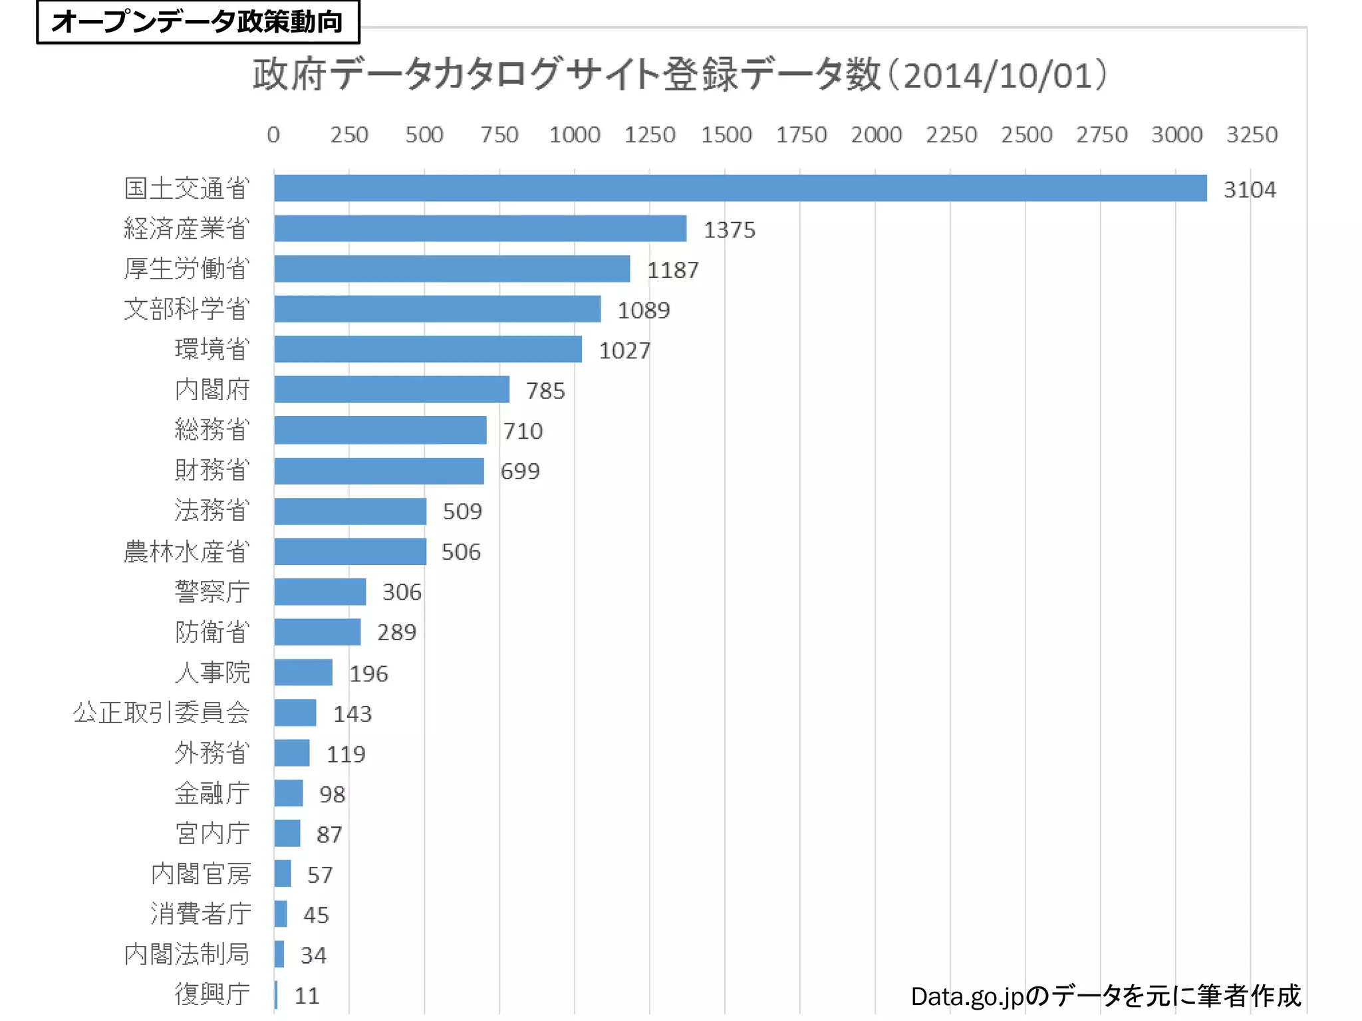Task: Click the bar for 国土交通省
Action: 740,188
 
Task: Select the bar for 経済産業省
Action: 479,229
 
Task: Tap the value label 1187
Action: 672,270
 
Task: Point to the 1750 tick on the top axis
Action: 801,135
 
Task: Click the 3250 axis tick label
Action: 1252,135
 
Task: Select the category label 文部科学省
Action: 187,309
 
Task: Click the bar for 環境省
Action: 428,349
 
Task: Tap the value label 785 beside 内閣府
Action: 545,391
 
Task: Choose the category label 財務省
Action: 212,470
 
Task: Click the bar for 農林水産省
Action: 350,552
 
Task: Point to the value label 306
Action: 402,592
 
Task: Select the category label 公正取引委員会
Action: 162,713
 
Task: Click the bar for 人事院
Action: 303,673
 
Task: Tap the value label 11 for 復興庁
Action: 307,996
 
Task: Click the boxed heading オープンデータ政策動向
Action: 198,22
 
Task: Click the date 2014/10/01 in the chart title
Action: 998,76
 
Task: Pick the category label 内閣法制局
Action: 187,954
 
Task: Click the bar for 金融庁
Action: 289,793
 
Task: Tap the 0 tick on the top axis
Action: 273,135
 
